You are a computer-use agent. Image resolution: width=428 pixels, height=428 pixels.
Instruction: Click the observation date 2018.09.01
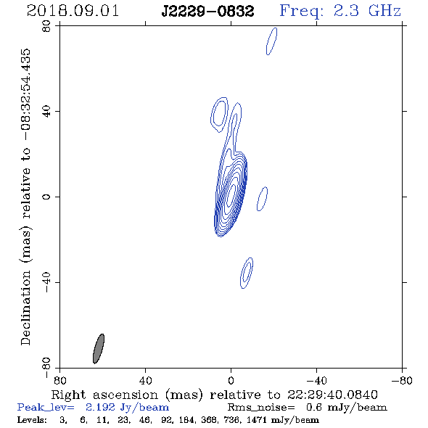tap(73, 11)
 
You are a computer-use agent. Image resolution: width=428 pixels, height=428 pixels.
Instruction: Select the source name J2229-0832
tap(207, 12)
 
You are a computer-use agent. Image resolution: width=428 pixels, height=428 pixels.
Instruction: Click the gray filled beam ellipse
tap(99, 349)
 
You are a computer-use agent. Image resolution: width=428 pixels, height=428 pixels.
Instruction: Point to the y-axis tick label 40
tap(46, 112)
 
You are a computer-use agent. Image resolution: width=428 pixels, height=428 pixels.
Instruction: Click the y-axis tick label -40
tap(46, 282)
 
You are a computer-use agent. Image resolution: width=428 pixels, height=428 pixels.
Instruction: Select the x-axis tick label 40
tap(145, 380)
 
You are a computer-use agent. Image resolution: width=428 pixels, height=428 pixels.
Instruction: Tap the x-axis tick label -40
tap(316, 380)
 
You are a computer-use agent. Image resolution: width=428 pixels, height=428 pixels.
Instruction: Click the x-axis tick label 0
tap(231, 380)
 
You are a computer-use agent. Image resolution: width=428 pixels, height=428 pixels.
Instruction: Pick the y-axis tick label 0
tap(46, 197)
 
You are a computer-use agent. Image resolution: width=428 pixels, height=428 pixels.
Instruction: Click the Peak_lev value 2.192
tap(100, 407)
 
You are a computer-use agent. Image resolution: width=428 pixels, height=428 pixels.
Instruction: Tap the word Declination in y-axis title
tap(25, 308)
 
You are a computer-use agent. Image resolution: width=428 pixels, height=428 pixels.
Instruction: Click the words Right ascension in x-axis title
tap(104, 395)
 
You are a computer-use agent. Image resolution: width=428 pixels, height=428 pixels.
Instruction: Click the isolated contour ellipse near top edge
tap(271, 41)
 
